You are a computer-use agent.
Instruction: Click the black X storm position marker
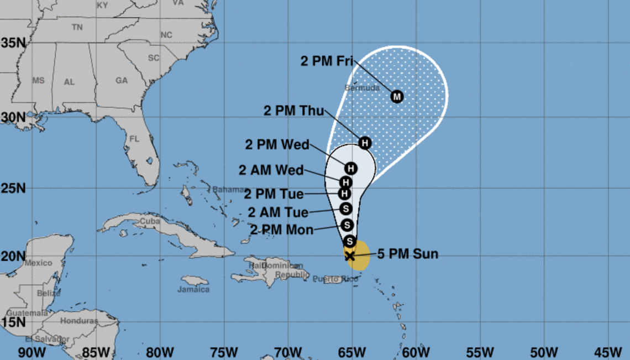[x=349, y=255]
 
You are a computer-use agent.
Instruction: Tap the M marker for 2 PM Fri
[x=397, y=97]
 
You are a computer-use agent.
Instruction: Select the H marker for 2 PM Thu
[x=365, y=143]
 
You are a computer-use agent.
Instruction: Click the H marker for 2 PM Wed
[x=350, y=168]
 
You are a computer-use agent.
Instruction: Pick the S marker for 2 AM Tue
[x=346, y=208]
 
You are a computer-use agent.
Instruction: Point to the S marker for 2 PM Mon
[x=347, y=225]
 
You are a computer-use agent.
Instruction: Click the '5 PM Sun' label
[x=407, y=254]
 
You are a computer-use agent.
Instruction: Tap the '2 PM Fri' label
[x=327, y=61]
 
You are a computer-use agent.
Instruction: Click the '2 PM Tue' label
[x=274, y=194]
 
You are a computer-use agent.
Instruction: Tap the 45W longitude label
[x=608, y=352]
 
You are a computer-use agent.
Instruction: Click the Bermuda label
[x=363, y=88]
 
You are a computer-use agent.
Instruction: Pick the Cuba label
[x=149, y=221]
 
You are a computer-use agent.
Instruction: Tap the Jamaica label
[x=193, y=289]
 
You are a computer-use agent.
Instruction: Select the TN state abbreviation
[x=77, y=26]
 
